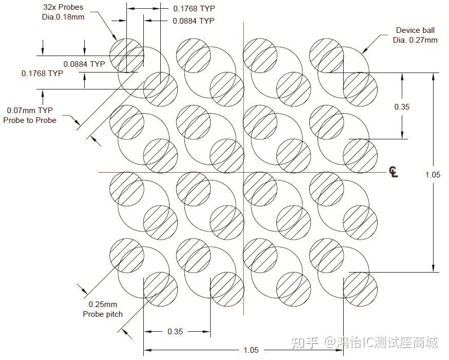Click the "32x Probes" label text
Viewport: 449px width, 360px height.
point(63,8)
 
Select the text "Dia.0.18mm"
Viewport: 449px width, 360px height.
point(63,17)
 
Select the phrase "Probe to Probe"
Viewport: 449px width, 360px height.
point(30,120)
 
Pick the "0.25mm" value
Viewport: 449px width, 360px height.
point(103,304)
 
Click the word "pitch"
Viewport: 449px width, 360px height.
point(115,314)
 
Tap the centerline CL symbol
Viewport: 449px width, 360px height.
point(394,172)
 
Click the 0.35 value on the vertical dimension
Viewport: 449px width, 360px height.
point(402,106)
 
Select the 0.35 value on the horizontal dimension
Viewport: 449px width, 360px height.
point(175,332)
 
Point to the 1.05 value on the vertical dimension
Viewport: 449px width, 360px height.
point(433,175)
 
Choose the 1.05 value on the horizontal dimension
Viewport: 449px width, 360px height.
point(251,350)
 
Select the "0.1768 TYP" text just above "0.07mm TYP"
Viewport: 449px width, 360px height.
point(42,74)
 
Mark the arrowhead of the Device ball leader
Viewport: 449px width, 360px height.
point(363,51)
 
